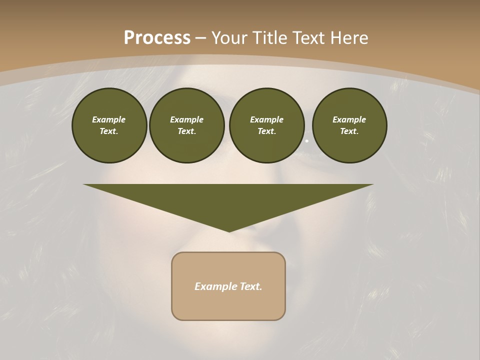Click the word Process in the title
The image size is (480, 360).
(157, 38)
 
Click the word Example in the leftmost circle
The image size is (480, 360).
(109, 119)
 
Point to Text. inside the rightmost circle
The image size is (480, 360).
(349, 131)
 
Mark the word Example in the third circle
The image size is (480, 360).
(266, 119)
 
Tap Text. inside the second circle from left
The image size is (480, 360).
(186, 131)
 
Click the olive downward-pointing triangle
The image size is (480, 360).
(228, 200)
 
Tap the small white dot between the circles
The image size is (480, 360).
(307, 141)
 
